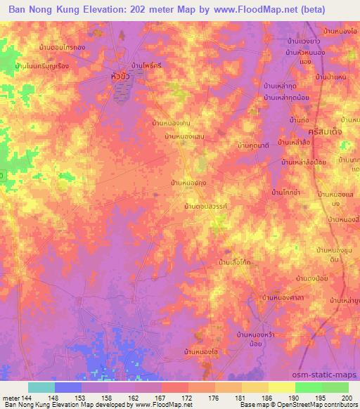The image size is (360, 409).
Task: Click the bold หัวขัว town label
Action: point(124,74)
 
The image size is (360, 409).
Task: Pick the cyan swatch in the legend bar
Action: point(41,387)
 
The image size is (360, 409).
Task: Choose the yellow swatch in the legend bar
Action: point(282,387)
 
